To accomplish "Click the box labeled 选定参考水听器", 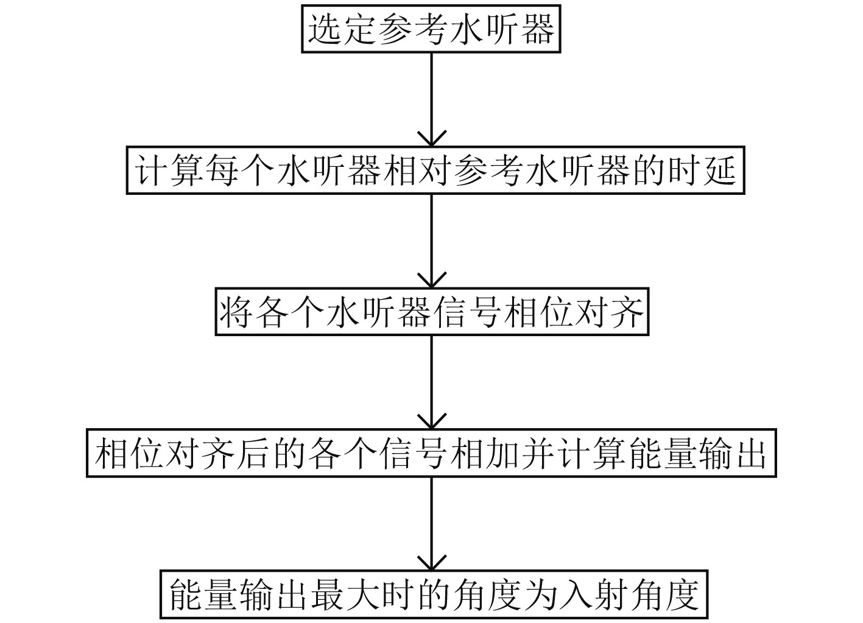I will tap(431, 29).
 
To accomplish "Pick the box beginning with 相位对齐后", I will tap(431, 454).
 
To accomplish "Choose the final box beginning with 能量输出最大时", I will tap(433, 594).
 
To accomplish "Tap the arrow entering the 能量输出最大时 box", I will tap(431, 524).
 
